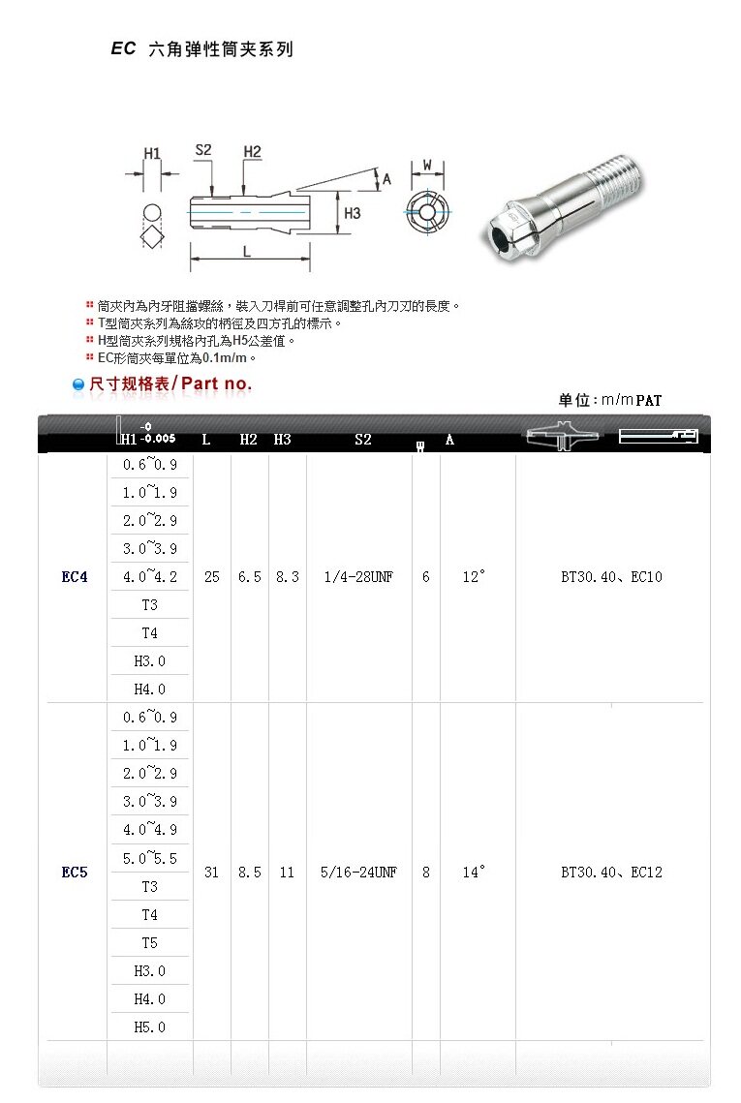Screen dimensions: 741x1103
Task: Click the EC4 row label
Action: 75,577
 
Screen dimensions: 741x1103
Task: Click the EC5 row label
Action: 75,873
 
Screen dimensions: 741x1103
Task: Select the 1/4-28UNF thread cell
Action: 358,577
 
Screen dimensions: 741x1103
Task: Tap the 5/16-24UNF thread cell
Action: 358,873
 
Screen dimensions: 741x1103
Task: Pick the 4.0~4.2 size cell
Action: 150,577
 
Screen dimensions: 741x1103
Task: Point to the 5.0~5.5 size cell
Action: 150,858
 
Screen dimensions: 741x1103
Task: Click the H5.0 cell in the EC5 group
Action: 150,1027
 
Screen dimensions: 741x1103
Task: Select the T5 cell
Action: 150,942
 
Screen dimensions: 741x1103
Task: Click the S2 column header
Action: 363,440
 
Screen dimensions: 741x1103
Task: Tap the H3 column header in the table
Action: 282,440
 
